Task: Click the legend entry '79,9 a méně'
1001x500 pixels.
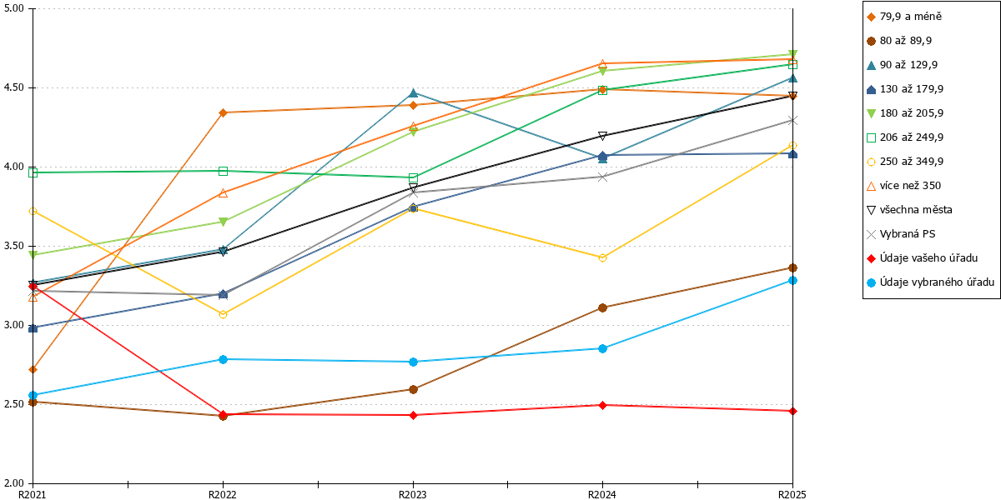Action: [904, 17]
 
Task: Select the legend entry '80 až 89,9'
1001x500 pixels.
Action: [899, 41]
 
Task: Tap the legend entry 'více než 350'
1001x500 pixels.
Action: [904, 186]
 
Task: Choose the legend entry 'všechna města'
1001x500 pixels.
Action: [910, 210]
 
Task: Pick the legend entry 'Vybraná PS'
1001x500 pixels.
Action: [901, 234]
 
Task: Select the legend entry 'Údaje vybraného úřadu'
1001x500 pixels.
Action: [930, 282]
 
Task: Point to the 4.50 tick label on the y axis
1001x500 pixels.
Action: [14, 87]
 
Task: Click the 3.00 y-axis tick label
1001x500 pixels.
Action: [14, 325]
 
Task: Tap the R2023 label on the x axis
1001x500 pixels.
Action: [413, 494]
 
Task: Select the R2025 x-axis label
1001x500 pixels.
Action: [792, 494]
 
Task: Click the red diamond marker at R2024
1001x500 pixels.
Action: [602, 405]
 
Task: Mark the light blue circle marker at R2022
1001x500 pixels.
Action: [224, 359]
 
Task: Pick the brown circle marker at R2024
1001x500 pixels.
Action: [602, 308]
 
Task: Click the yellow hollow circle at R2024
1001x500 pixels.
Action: [602, 258]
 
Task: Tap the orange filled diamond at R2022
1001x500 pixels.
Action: [224, 112]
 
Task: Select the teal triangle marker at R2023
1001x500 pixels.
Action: [414, 92]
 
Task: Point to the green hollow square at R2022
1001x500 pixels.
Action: [224, 171]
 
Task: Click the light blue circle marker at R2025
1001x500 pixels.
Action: [792, 280]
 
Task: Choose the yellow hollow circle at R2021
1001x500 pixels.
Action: [33, 211]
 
